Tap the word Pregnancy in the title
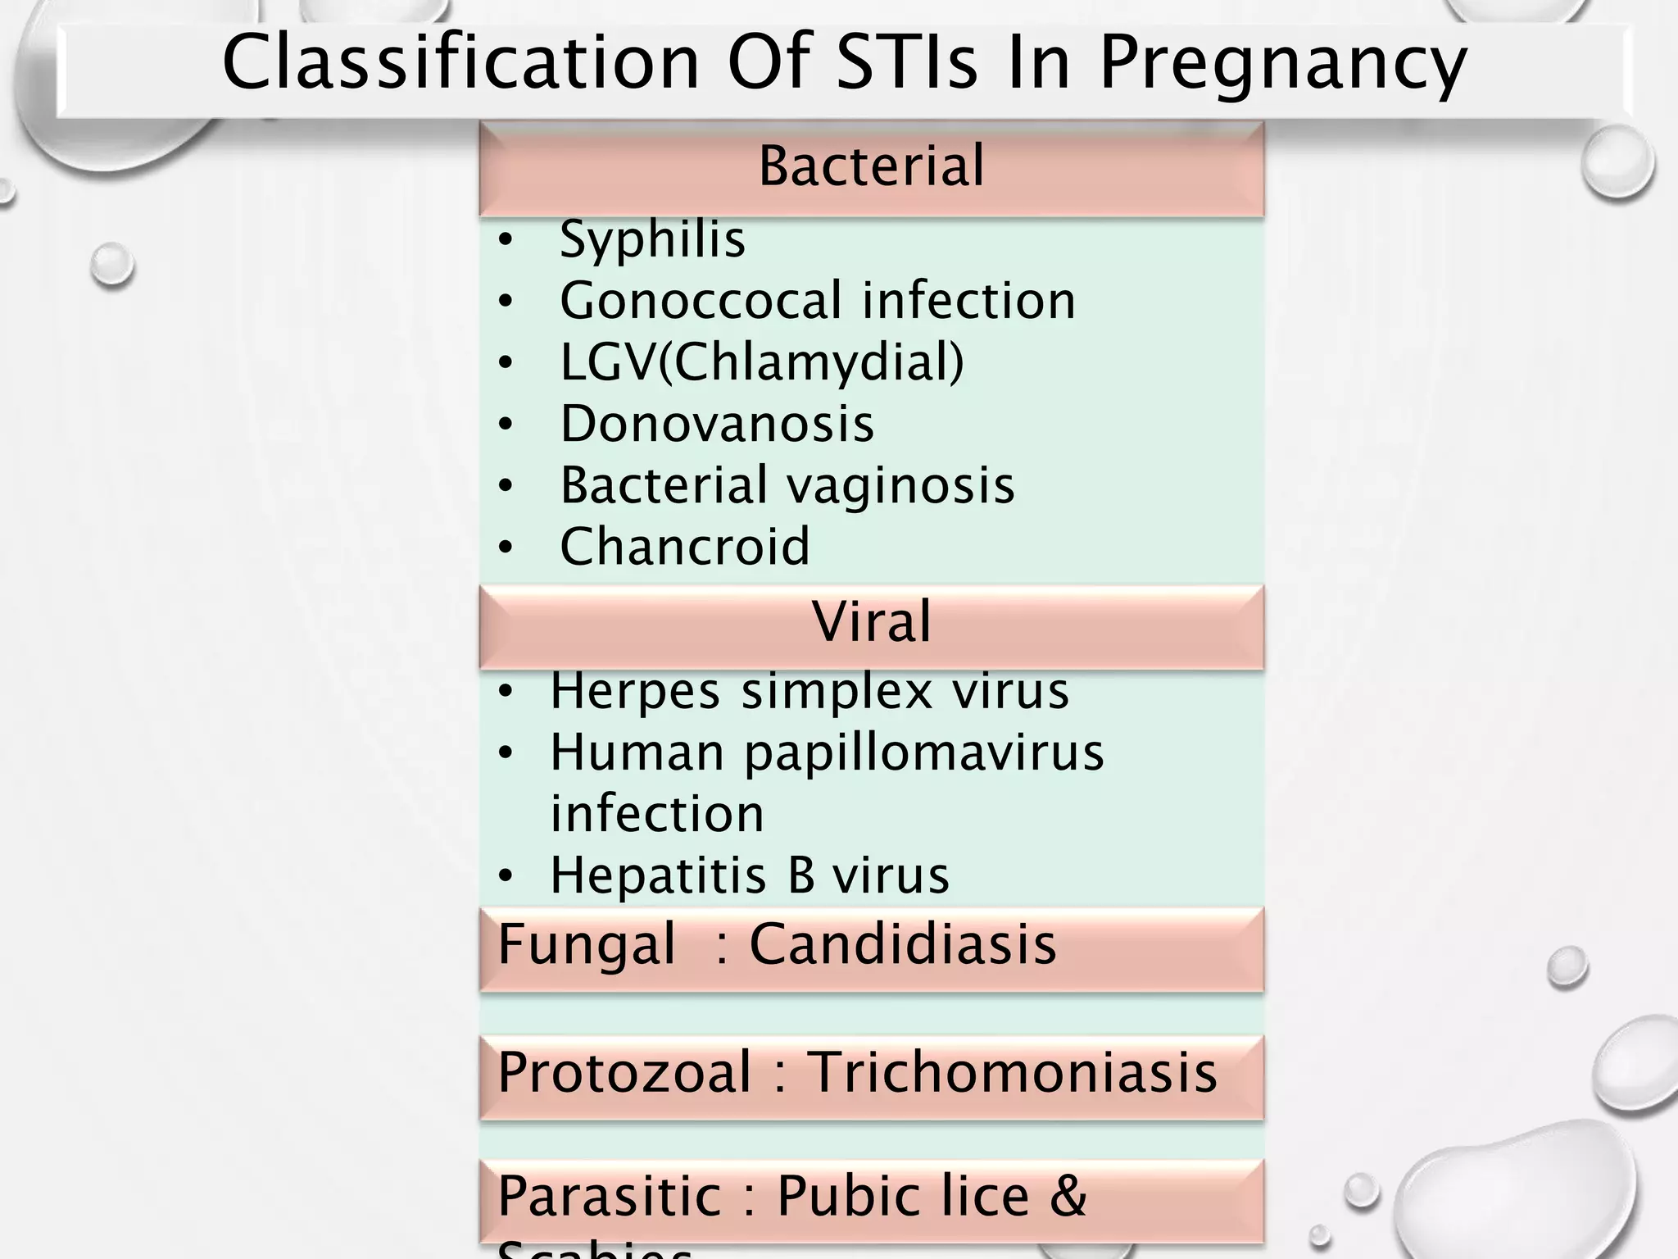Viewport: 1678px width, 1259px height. [1282, 64]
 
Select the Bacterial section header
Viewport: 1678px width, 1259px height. [871, 166]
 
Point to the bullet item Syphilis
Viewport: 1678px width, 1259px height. [652, 239]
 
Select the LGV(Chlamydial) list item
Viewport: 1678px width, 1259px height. [761, 361]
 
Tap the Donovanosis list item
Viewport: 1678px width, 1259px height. [717, 424]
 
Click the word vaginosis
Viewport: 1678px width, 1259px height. [900, 485]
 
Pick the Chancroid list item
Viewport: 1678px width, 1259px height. [685, 547]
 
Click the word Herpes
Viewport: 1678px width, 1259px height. [635, 690]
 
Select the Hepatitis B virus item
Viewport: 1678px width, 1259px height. [749, 875]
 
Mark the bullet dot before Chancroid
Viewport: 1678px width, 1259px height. [506, 548]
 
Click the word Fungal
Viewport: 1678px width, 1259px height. [587, 944]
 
